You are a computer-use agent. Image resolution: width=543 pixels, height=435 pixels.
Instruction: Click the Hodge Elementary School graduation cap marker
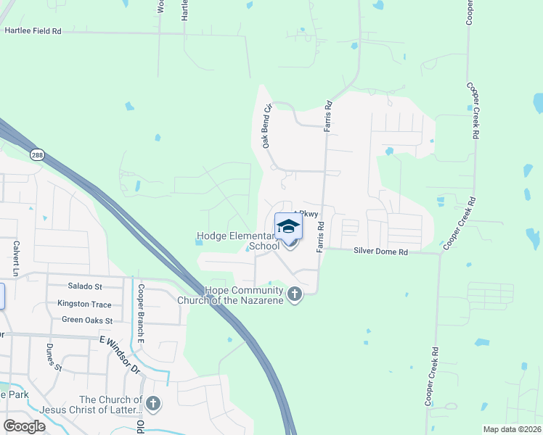click(288, 227)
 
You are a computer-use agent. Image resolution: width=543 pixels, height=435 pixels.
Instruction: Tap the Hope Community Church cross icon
click(294, 294)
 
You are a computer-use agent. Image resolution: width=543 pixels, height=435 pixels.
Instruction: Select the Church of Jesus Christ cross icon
click(152, 404)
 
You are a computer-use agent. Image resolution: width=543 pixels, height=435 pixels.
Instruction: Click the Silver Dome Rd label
click(381, 252)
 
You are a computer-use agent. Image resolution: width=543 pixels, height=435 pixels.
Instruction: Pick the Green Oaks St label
click(87, 320)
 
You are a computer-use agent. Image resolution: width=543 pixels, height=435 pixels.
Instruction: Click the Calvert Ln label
click(15, 257)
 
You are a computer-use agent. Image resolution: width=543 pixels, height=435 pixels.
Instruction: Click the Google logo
click(25, 426)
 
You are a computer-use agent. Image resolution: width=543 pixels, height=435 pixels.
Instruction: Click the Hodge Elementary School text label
click(238, 241)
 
